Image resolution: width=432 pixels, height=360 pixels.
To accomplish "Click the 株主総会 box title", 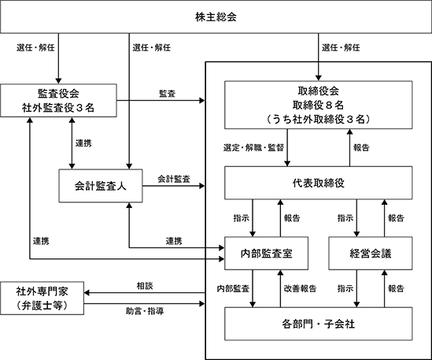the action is [216, 17].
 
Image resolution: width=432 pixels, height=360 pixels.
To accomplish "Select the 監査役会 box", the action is [58, 100].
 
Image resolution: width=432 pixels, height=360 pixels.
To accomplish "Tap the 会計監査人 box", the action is [101, 186].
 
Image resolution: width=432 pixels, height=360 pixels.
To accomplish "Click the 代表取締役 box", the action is [318, 183].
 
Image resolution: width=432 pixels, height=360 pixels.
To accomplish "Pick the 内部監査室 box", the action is [266, 253].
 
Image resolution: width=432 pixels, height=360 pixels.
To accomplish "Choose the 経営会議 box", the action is [371, 253].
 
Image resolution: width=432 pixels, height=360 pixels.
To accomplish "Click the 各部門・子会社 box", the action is [318, 324].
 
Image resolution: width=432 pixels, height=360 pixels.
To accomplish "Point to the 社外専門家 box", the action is [42, 298].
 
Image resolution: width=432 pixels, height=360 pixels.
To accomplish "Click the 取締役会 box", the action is [318, 105].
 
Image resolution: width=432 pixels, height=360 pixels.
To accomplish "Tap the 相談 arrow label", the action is [145, 286].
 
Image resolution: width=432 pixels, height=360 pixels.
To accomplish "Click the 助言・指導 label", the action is [145, 311].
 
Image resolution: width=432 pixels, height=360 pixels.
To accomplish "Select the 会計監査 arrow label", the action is [174, 179].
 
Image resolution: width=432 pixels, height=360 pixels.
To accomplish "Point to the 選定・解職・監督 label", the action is [253, 147].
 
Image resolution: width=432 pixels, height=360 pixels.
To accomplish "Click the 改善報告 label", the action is [300, 288].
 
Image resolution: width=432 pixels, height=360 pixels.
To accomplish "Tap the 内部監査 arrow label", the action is [233, 288].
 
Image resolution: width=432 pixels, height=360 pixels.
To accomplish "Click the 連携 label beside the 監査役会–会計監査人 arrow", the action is [83, 143].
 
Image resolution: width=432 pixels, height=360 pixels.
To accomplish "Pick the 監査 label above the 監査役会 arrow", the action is [168, 94].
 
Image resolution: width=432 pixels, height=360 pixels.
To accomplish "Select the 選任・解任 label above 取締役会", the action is [341, 48].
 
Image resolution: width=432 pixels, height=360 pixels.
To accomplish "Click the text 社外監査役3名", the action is [58, 108].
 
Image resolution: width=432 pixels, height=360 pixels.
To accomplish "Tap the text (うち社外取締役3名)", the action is [318, 119].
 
